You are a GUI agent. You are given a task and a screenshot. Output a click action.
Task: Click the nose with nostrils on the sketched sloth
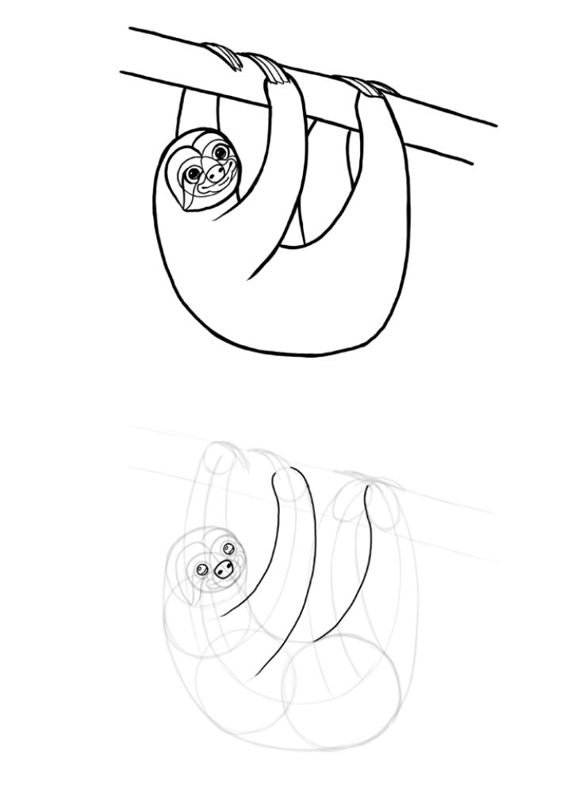click(224, 568)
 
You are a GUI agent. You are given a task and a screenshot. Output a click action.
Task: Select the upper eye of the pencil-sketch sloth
click(228, 549)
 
